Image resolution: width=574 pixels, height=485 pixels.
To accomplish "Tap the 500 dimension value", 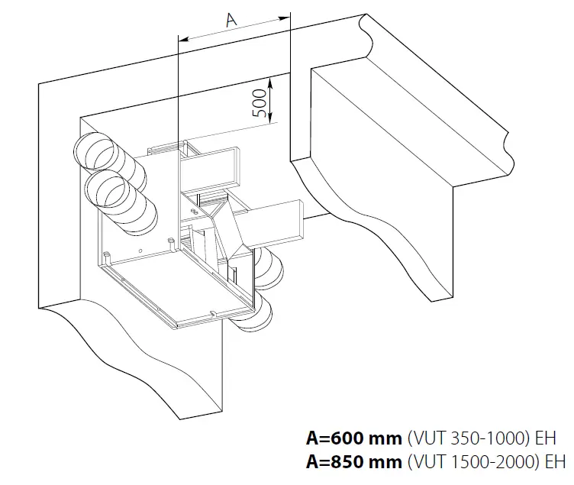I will tap(259, 102).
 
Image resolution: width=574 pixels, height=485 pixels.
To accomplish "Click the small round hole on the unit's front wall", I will tap(140, 251).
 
